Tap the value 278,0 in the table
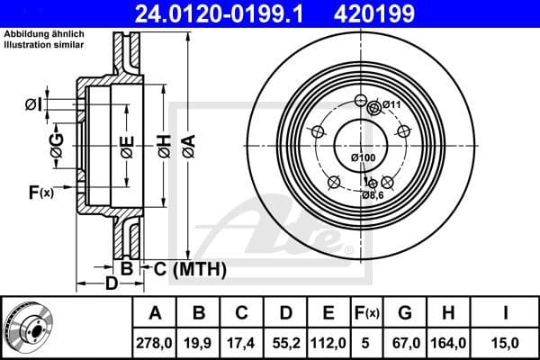coord(155,342)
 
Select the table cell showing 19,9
coord(199,342)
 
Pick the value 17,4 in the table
coord(242,342)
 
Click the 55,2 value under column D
coord(285,342)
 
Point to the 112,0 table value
coord(328,342)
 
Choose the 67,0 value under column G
coord(405,342)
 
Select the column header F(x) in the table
coord(366,313)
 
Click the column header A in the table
coord(155,313)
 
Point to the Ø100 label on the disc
coord(362,158)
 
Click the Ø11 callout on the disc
coord(390,106)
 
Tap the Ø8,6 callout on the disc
coord(373,194)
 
